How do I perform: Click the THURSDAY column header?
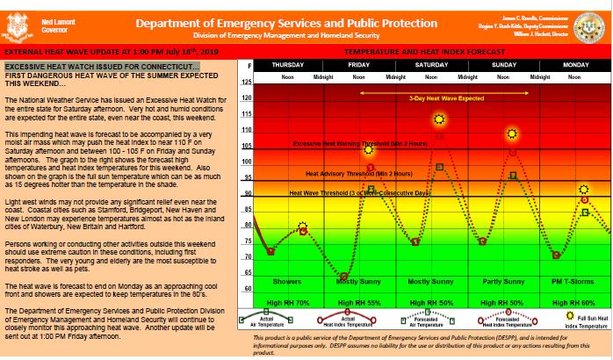coord(287,65)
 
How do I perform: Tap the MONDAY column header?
coord(575,65)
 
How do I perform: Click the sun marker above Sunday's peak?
coord(513,133)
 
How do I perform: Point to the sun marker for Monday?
coord(584,190)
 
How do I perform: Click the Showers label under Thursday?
coord(287,282)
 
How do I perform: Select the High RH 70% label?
coord(287,301)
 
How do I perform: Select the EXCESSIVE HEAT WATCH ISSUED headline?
coord(103,67)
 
